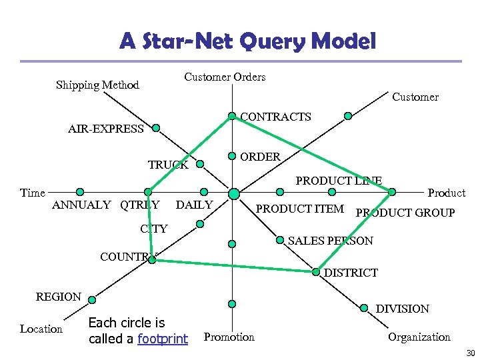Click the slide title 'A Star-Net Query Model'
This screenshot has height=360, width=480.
tap(247, 42)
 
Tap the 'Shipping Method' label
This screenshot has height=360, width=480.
tap(97, 85)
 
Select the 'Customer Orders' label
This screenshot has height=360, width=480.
tap(225, 77)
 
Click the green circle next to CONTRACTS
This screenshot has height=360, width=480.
tap(232, 116)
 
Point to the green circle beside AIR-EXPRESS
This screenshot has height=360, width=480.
tap(155, 127)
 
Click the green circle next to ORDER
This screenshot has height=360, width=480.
tap(232, 157)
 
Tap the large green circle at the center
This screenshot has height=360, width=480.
tap(233, 193)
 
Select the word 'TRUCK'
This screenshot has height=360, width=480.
tap(168, 165)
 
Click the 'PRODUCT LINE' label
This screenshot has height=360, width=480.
tap(339, 181)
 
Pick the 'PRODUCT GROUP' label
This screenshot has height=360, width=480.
tap(405, 213)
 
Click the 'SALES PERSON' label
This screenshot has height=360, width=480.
tap(331, 240)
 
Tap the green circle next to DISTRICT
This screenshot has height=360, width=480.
tap(316, 272)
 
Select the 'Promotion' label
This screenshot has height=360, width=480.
tap(229, 337)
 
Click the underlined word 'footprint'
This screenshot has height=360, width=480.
tap(162, 339)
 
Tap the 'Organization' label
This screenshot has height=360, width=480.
tap(419, 337)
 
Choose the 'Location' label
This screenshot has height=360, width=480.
tap(41, 329)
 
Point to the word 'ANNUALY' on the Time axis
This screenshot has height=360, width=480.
tap(81, 205)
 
